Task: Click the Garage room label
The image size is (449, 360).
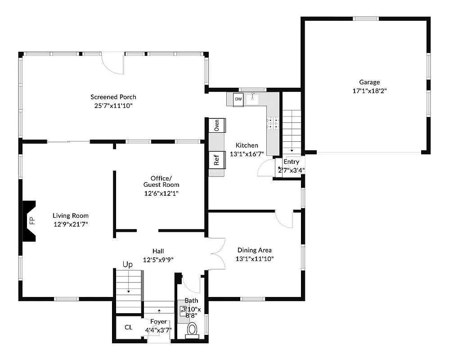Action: pyautogui.click(x=369, y=82)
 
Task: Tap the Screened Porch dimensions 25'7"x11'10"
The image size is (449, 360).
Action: pyautogui.click(x=113, y=105)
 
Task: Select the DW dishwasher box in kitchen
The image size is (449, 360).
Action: pyautogui.click(x=238, y=99)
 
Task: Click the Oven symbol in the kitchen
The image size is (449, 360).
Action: pyautogui.click(x=217, y=125)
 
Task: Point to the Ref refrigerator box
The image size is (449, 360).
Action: pyautogui.click(x=216, y=160)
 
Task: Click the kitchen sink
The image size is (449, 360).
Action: pyautogui.click(x=253, y=98)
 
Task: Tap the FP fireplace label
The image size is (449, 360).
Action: pyautogui.click(x=32, y=221)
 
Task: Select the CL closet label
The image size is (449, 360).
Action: pyautogui.click(x=129, y=327)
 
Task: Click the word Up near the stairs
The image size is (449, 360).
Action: pyautogui.click(x=128, y=265)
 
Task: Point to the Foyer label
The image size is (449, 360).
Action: pyautogui.click(x=158, y=322)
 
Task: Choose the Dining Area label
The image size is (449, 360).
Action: pyautogui.click(x=255, y=250)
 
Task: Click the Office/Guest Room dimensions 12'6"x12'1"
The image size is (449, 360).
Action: pyautogui.click(x=161, y=193)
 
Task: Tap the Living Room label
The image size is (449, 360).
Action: pyautogui.click(x=71, y=216)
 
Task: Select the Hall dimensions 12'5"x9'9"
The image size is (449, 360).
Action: pyautogui.click(x=158, y=260)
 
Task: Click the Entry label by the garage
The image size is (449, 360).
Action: pyautogui.click(x=291, y=162)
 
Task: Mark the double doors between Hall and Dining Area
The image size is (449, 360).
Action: pyautogui.click(x=217, y=254)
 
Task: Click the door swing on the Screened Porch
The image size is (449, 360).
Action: pyautogui.click(x=112, y=63)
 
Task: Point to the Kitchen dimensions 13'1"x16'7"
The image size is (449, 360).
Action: pyautogui.click(x=247, y=154)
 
